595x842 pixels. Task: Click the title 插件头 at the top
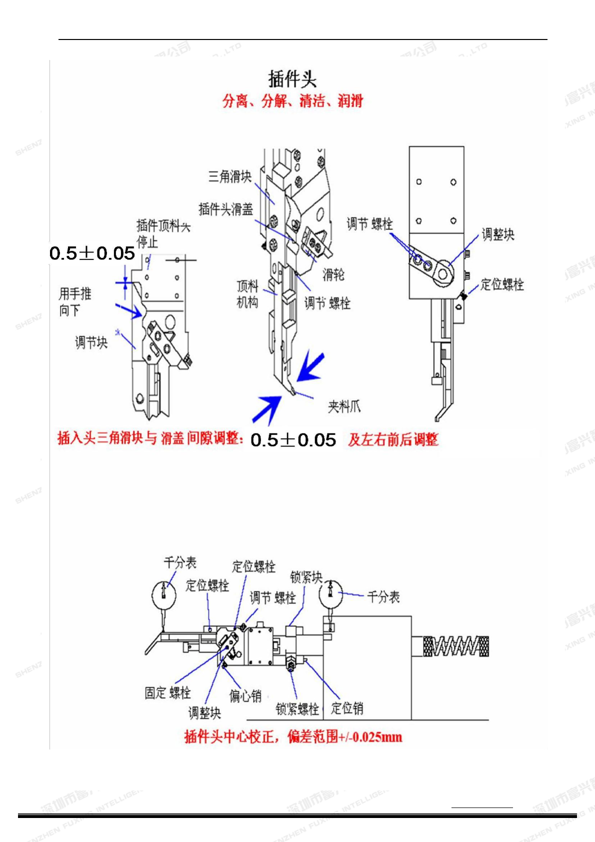point(292,79)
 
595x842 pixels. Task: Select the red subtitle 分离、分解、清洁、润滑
point(292,101)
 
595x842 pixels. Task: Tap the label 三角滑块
point(229,176)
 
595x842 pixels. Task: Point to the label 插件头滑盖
point(225,209)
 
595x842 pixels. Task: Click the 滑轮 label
point(333,274)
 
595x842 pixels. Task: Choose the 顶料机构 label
point(247,294)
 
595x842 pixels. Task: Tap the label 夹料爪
point(344,406)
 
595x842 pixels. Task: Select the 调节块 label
point(91,342)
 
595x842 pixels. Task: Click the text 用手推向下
point(75,301)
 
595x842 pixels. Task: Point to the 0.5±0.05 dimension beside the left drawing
point(92,253)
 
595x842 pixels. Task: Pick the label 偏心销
point(245,695)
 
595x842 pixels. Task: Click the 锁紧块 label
point(306,577)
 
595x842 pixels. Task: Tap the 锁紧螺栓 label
point(297,708)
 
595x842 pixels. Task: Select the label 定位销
point(347,708)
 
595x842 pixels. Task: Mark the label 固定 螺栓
point(167,692)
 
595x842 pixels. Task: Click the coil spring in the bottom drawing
point(455,646)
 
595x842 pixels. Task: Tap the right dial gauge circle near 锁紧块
point(330,592)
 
